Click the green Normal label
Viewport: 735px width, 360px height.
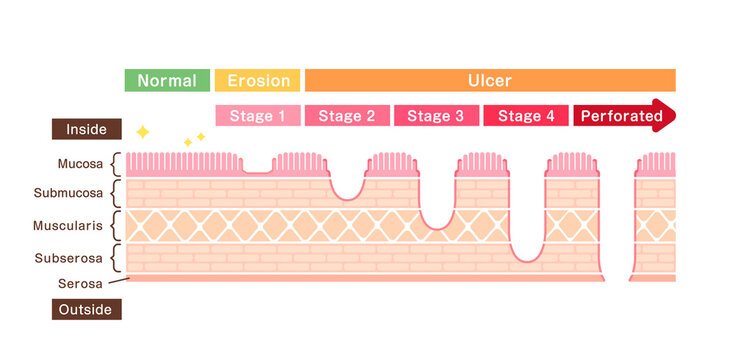point(167,81)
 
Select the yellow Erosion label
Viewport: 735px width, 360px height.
point(258,81)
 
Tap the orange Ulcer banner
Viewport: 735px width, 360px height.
point(490,81)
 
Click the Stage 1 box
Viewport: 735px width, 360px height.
point(258,116)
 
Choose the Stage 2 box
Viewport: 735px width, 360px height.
point(347,116)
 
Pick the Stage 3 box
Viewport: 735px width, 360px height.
point(436,116)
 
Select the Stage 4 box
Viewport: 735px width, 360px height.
point(525,116)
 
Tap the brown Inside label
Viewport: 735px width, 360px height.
point(87,129)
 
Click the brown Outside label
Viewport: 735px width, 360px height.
point(87,309)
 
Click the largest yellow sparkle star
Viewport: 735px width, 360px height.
point(143,131)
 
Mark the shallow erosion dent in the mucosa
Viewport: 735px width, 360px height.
point(257,166)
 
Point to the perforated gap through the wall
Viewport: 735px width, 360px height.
point(619,220)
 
